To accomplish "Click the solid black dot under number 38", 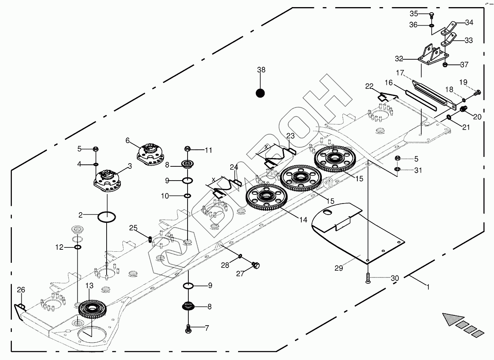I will [x=260, y=93].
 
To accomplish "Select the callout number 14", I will [x=303, y=220].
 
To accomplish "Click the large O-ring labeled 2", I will [x=107, y=217].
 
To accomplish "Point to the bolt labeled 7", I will [x=188, y=328].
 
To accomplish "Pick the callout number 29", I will [x=339, y=268].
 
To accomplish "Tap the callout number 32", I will [x=399, y=59].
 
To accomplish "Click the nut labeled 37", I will [x=445, y=64].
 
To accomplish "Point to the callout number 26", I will [x=21, y=290].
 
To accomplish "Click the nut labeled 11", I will [x=188, y=149].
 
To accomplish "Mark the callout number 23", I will [x=290, y=136].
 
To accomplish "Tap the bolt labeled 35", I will [x=431, y=15].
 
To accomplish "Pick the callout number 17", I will [x=400, y=73].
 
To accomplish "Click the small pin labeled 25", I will [x=150, y=239].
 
